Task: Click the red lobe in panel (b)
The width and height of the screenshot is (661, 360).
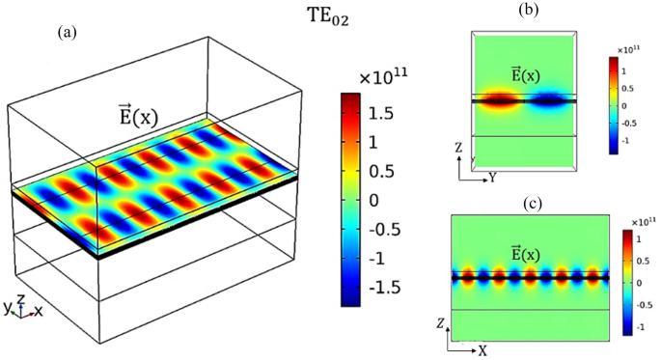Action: pos(500,98)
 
